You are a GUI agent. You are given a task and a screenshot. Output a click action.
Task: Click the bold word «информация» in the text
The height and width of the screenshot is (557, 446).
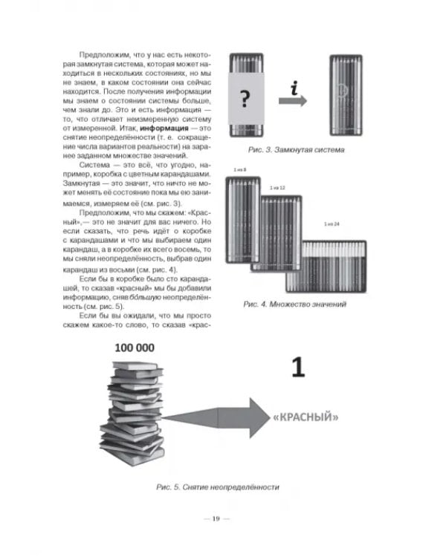(164, 128)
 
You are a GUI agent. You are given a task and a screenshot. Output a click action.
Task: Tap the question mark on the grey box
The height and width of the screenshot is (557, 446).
(245, 98)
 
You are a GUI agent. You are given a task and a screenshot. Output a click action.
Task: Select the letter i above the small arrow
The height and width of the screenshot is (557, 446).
(294, 89)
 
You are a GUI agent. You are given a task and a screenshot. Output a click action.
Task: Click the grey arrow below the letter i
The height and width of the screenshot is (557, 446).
(292, 101)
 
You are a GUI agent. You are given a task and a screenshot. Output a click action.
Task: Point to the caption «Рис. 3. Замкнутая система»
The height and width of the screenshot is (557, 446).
(297, 150)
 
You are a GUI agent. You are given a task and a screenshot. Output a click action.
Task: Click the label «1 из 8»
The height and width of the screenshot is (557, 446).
(240, 170)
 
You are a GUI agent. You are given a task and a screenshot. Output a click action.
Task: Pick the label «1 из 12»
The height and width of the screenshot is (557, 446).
(277, 188)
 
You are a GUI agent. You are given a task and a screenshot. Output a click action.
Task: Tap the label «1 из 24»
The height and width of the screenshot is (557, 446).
(332, 224)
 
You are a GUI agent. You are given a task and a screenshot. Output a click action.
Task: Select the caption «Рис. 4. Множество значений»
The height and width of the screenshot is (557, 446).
(295, 304)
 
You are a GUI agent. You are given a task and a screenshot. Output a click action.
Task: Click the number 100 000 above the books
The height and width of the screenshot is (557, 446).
(135, 348)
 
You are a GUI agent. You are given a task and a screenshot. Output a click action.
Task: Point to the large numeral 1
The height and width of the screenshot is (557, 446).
(298, 367)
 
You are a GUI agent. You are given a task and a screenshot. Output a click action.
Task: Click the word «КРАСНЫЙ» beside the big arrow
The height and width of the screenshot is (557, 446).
(306, 417)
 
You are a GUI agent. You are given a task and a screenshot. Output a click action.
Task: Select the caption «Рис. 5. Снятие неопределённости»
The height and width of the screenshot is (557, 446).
(218, 487)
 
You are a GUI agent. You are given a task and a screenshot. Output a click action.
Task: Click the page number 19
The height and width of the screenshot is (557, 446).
(216, 518)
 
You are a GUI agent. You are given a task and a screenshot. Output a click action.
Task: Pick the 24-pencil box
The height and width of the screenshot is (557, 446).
(326, 267)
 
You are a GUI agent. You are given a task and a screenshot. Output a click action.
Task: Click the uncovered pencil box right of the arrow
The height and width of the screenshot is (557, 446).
(346, 95)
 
